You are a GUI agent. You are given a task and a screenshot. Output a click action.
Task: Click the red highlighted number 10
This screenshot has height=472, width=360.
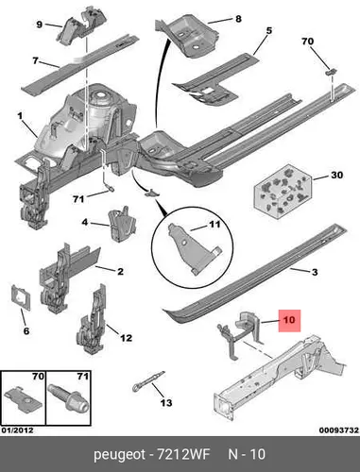289,320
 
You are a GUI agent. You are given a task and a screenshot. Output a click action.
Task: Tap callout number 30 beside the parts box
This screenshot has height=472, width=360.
336,175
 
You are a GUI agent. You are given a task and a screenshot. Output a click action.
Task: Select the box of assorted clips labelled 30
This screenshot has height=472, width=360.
283,192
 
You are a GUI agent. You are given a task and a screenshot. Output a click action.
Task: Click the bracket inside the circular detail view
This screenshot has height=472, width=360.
194,248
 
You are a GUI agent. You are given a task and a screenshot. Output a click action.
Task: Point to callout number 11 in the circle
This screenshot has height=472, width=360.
214,225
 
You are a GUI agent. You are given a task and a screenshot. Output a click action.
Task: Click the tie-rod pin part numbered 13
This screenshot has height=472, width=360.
148,380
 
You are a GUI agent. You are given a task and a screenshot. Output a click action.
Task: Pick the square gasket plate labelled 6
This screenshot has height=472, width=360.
21,297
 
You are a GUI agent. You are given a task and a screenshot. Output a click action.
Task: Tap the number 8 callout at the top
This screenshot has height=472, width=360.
238,19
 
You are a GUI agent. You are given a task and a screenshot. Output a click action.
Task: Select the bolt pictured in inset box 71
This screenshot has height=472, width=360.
69,398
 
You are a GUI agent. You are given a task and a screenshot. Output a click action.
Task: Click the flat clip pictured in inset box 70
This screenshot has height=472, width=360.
23,399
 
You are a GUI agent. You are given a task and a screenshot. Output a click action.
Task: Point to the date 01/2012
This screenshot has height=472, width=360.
17,430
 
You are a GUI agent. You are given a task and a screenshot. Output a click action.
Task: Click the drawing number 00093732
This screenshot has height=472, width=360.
339,430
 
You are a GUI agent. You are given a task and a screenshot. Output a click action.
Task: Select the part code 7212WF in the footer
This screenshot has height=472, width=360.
183,454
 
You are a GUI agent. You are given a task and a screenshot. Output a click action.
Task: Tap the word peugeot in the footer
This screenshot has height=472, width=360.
120,455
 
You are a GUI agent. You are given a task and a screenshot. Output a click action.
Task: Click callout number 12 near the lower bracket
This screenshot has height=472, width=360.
126,338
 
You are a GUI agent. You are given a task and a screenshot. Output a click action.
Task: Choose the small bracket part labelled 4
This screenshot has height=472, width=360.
123,223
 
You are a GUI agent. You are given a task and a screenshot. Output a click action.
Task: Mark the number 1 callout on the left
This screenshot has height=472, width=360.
20,116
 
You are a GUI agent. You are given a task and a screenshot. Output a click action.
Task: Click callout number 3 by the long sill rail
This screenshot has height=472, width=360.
315,272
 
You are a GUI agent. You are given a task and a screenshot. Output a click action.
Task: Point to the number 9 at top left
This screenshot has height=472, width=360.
40,25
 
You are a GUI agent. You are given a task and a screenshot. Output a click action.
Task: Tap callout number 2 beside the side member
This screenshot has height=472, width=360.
120,272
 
